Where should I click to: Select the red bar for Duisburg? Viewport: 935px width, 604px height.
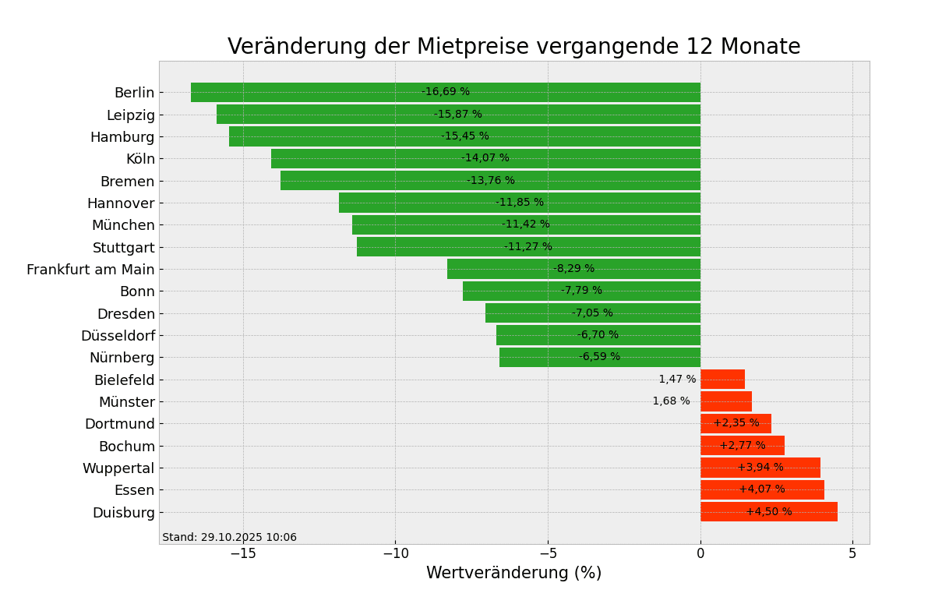click(x=768, y=512)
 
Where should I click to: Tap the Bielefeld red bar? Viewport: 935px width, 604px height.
click(x=722, y=380)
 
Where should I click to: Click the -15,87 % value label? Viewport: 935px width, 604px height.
click(x=457, y=115)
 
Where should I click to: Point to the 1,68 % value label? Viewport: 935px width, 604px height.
click(x=671, y=401)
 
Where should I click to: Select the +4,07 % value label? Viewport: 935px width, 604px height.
click(x=761, y=489)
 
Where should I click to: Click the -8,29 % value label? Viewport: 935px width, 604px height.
click(x=573, y=269)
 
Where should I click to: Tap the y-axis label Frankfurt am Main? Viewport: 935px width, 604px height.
click(x=90, y=270)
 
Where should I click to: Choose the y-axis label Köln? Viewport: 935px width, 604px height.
click(x=140, y=159)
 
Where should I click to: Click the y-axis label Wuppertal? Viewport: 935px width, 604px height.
click(x=118, y=468)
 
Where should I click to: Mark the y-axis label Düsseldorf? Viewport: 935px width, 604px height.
click(x=118, y=336)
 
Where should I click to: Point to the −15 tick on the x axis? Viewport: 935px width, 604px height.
click(x=243, y=553)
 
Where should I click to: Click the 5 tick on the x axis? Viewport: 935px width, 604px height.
click(x=852, y=553)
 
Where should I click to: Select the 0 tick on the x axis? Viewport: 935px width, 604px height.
click(x=700, y=553)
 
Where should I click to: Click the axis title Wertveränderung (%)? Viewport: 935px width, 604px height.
click(x=513, y=573)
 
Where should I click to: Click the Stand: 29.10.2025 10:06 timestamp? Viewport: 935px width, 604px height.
click(x=229, y=538)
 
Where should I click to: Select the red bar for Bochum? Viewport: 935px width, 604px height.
click(x=742, y=446)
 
